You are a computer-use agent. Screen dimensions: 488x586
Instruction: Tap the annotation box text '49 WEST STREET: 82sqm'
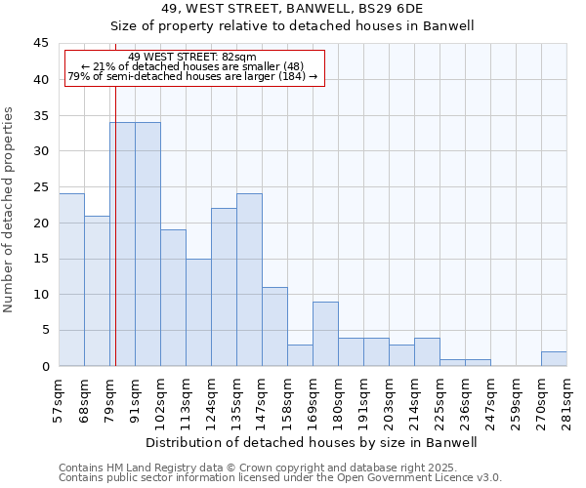tap(192, 58)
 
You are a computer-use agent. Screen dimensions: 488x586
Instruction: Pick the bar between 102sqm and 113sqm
tap(173, 298)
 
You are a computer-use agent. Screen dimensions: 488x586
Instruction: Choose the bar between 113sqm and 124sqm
tap(198, 312)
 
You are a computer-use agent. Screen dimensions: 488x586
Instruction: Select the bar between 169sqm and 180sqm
tap(325, 334)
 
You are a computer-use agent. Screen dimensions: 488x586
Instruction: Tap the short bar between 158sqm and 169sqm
tap(300, 355)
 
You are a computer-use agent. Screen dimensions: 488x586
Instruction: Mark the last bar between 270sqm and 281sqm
tap(554, 359)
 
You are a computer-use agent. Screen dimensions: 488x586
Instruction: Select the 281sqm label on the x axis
tap(566, 401)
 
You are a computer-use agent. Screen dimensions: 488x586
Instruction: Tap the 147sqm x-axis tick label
tap(262, 401)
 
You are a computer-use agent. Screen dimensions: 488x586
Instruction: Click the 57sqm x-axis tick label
tap(59, 401)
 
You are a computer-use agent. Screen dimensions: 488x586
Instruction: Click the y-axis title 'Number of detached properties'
tap(10, 210)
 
